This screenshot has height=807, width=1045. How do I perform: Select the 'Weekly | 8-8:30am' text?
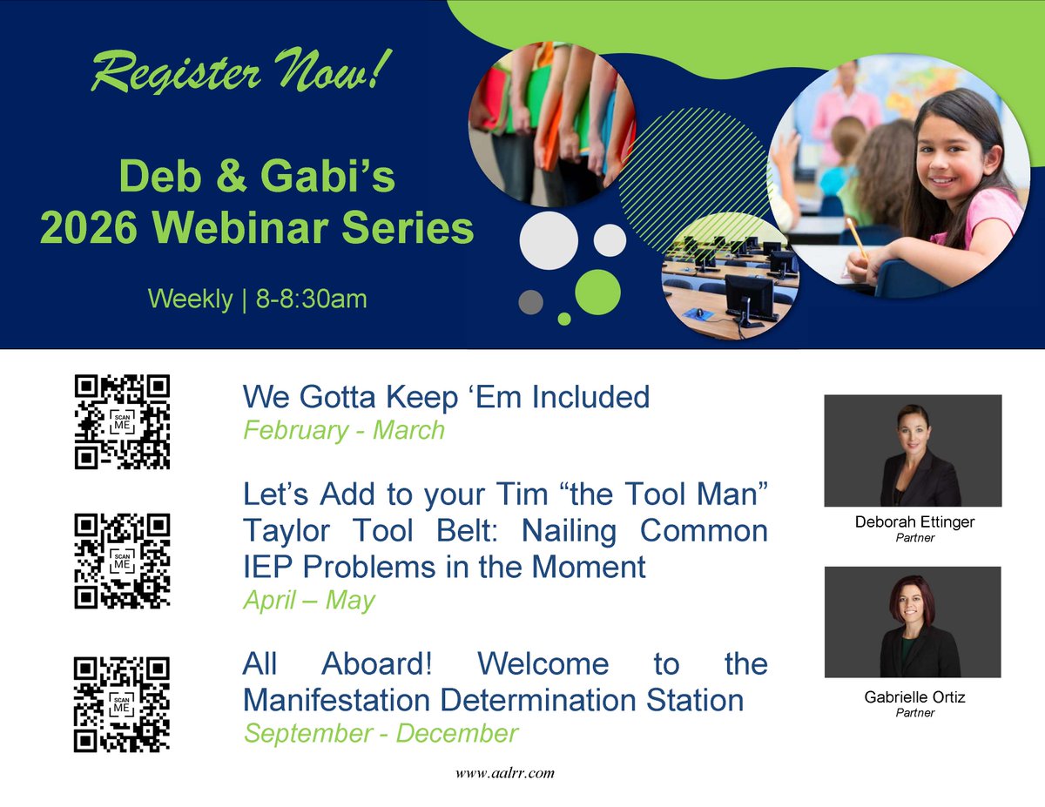pyautogui.click(x=257, y=299)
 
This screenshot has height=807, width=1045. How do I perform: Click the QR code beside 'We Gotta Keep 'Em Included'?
pyautogui.click(x=122, y=422)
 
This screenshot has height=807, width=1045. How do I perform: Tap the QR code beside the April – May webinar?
pyautogui.click(x=122, y=561)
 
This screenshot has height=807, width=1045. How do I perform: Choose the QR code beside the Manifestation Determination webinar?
pyautogui.click(x=122, y=704)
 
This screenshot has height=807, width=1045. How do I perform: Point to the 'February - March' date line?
pyautogui.click(x=344, y=430)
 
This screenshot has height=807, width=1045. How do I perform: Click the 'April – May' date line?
pyautogui.click(x=308, y=601)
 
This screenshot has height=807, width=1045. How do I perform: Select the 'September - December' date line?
pyautogui.click(x=381, y=733)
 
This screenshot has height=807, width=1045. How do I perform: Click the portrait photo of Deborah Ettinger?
pyautogui.click(x=913, y=450)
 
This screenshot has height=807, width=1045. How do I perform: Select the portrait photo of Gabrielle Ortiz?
pyautogui.click(x=913, y=622)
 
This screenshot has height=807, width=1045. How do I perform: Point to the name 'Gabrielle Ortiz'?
pyautogui.click(x=914, y=698)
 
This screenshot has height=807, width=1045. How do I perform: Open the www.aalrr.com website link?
pyautogui.click(x=505, y=773)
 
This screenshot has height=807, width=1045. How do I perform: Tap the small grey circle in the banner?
pyautogui.click(x=530, y=302)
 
